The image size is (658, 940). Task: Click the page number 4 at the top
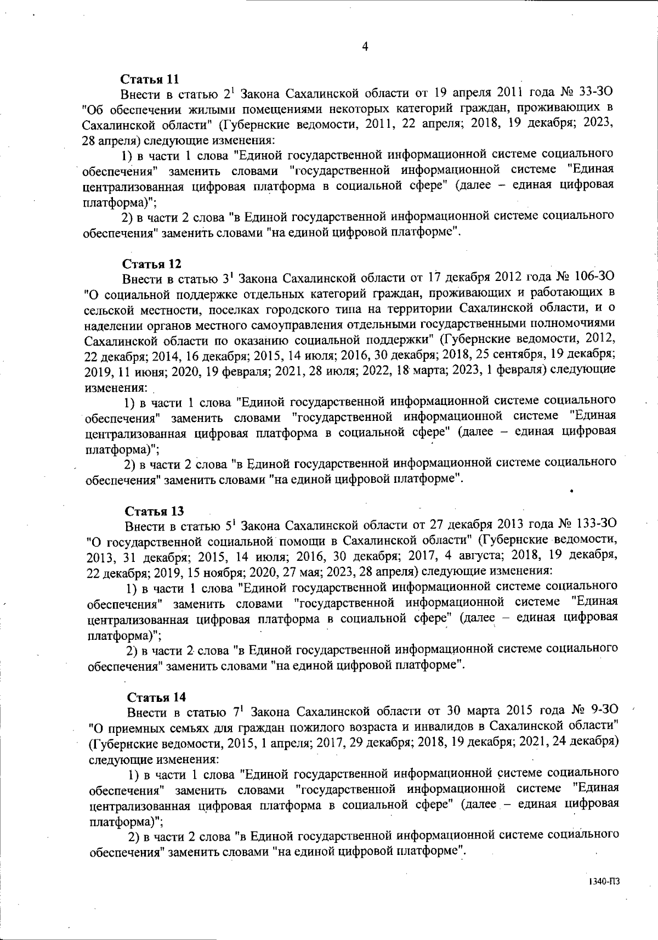click(365, 47)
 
